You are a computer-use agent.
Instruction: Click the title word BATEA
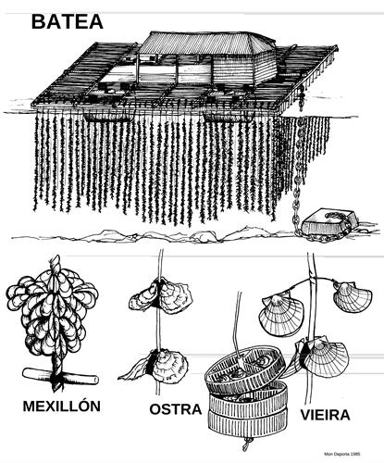point(68,22)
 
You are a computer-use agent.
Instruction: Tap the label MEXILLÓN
point(62,406)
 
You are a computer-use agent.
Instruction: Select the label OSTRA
point(176,409)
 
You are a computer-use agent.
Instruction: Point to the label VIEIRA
point(325,415)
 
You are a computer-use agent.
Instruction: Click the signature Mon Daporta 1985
point(342,454)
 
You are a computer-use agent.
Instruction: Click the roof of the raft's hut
point(206,43)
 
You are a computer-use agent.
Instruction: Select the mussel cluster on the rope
point(53,312)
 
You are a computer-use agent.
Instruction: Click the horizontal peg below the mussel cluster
point(60,375)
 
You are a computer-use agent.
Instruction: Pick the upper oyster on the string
point(160,296)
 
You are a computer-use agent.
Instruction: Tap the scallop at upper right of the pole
point(353,295)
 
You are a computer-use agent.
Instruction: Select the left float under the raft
point(106,116)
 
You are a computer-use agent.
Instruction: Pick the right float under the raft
point(228,117)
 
